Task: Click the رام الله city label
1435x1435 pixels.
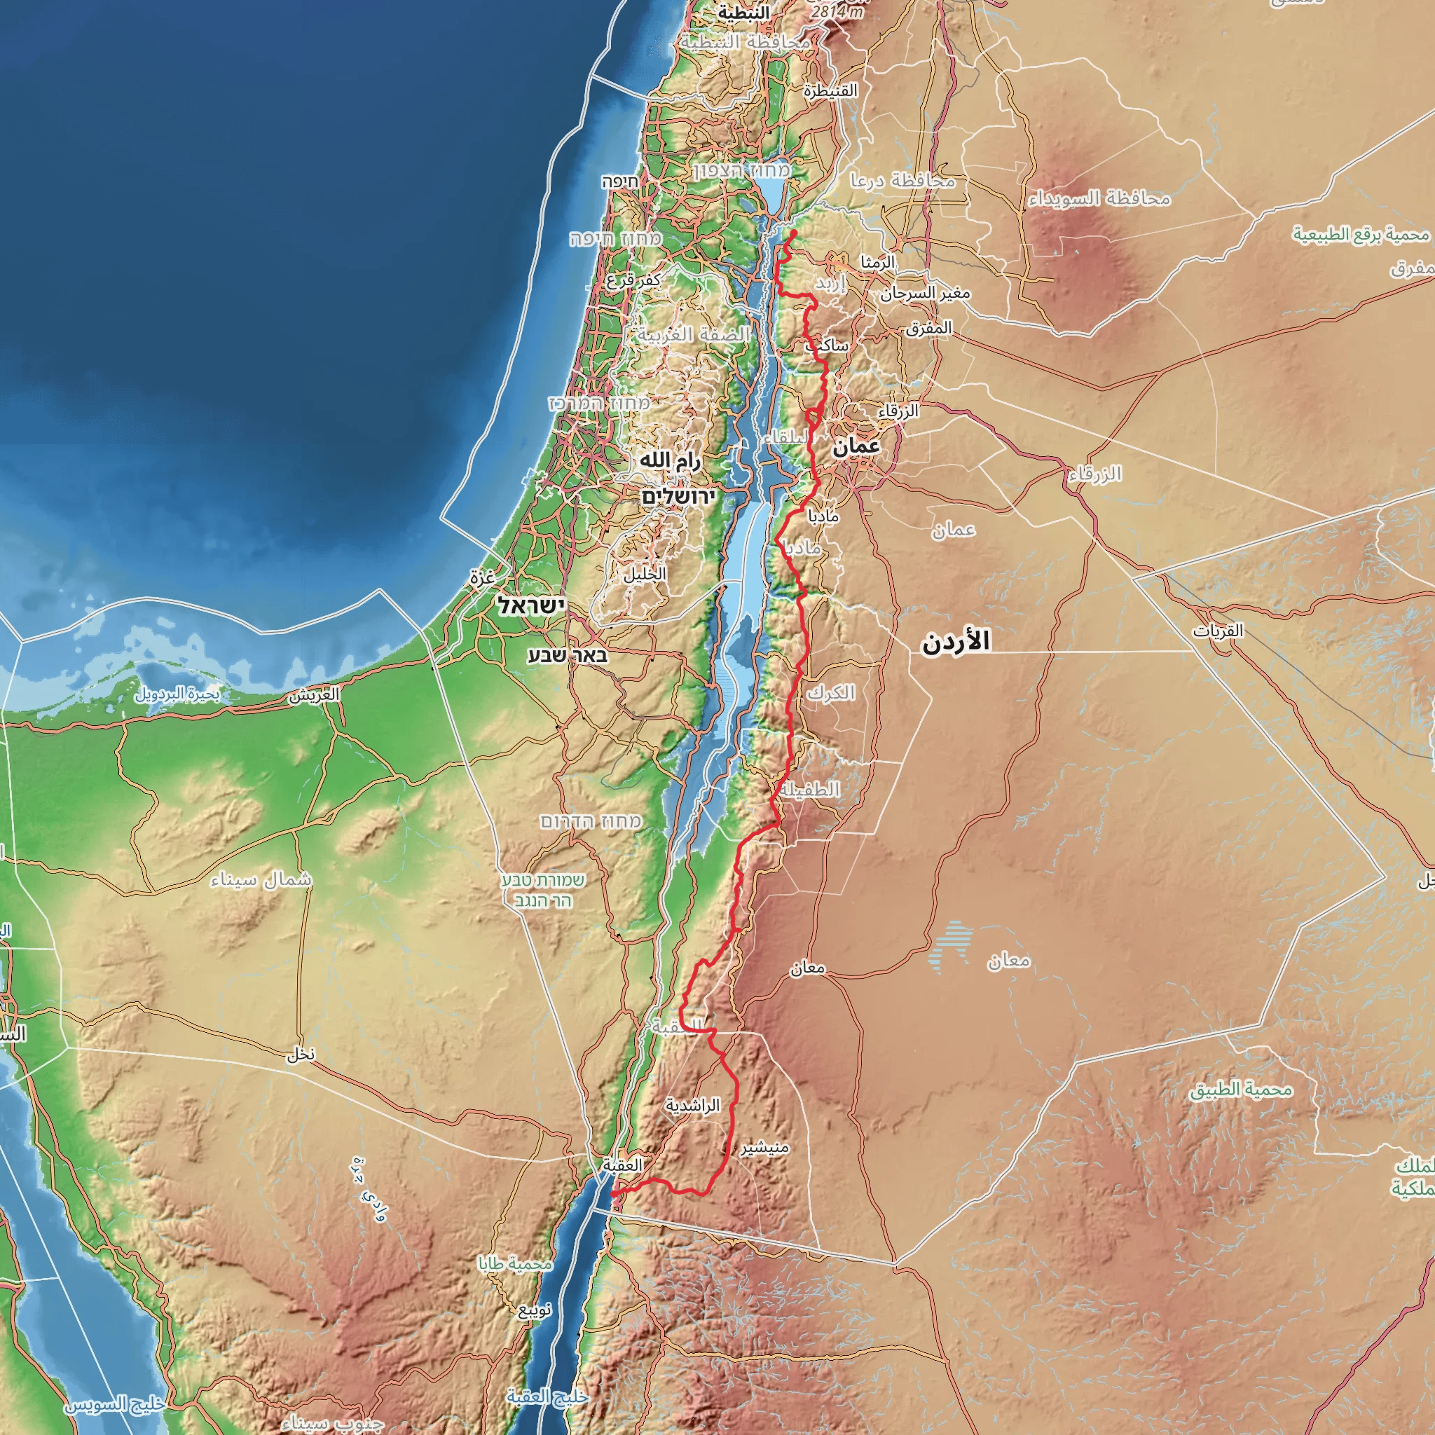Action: coord(670,462)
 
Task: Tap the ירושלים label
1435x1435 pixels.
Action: coord(678,496)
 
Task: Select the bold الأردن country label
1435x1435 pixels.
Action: coord(956,642)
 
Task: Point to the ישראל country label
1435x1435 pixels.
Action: coord(532,605)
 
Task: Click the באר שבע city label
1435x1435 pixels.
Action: coord(568,655)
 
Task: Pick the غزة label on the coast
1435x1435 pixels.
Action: coord(482,576)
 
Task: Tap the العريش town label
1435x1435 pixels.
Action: coord(315,695)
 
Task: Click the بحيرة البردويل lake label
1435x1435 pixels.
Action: coord(177,694)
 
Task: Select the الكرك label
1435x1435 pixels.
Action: coord(831,693)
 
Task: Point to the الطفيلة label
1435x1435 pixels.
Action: coord(811,789)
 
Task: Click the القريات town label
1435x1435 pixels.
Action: coord(1218,631)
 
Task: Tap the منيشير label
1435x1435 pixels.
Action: coord(764,1148)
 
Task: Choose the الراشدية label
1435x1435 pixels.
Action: coord(692,1106)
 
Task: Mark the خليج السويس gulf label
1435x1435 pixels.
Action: coord(115,1406)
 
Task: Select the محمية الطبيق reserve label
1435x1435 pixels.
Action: coord(1241,1090)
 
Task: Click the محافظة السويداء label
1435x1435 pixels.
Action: coord(1099,198)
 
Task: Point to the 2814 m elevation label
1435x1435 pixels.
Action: coord(837,12)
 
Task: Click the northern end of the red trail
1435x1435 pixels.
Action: coord(795,232)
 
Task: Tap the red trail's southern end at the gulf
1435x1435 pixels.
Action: coord(613,1193)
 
